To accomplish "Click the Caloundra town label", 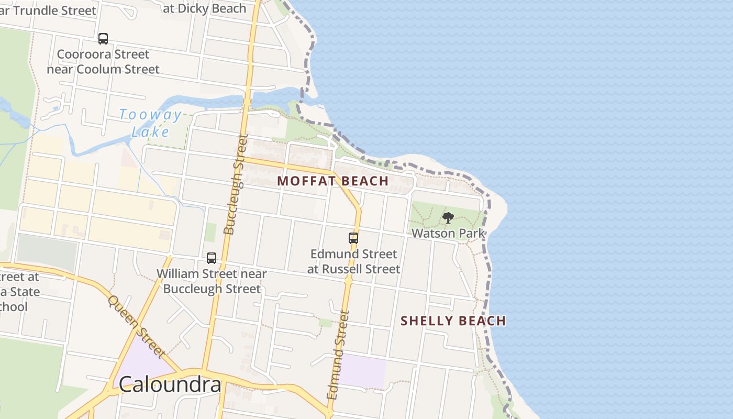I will pyautogui.click(x=170, y=384).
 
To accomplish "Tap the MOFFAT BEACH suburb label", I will pyautogui.click(x=332, y=181).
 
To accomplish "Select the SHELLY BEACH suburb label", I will pyautogui.click(x=453, y=321).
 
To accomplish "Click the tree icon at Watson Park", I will pyautogui.click(x=448, y=218).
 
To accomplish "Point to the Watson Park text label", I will pyautogui.click(x=448, y=233).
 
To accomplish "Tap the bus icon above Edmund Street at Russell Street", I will pyautogui.click(x=353, y=238).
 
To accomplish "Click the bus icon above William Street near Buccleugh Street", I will pyautogui.click(x=212, y=258).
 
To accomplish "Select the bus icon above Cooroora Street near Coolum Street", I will pyautogui.click(x=103, y=38).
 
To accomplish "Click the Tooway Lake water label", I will pyautogui.click(x=150, y=123).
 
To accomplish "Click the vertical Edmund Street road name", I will pyautogui.click(x=337, y=355).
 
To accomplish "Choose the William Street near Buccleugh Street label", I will pyautogui.click(x=212, y=281).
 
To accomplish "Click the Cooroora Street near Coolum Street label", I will pyautogui.click(x=103, y=62).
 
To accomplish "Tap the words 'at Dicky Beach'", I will pyautogui.click(x=205, y=8).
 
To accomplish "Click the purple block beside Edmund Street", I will pyautogui.click(x=363, y=371).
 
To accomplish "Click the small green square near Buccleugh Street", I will pyautogui.click(x=210, y=232).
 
